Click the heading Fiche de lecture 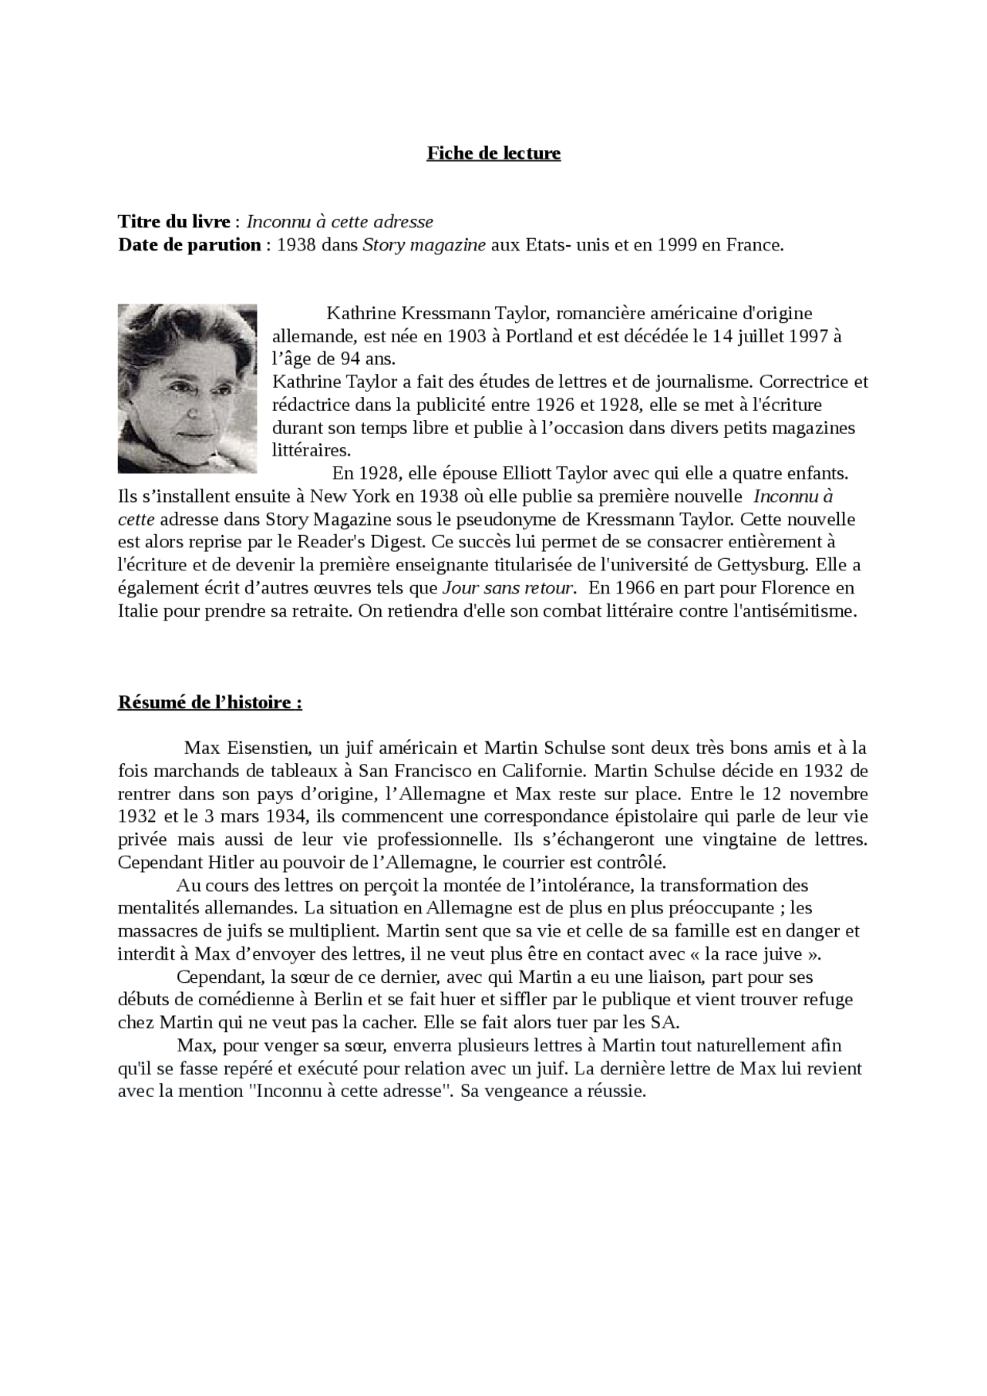493,153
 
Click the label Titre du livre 173,222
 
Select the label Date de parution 189,245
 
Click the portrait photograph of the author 187,389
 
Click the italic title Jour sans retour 508,588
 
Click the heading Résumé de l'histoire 209,703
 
